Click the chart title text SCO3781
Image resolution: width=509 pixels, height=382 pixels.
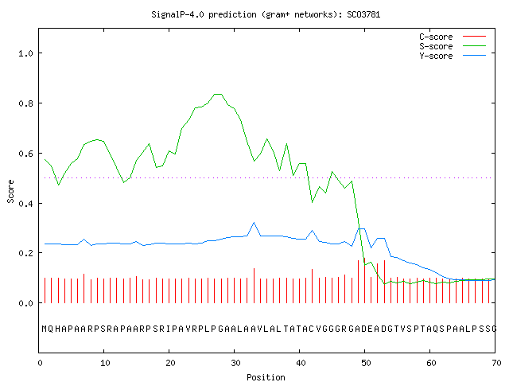pyautogui.click(x=363, y=14)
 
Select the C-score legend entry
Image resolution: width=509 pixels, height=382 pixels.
pyautogui.click(x=453, y=37)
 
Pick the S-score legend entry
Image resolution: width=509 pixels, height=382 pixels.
pyautogui.click(x=453, y=46)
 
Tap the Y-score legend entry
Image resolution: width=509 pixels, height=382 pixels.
pyautogui.click(x=453, y=56)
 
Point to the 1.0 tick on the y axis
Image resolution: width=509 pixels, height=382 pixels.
pyautogui.click(x=26, y=53)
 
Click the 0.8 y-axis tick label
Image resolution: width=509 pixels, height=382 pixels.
pyautogui.click(x=26, y=103)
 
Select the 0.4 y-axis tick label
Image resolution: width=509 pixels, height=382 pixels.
pyautogui.click(x=26, y=204)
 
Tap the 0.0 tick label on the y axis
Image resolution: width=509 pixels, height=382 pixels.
pyautogui.click(x=26, y=303)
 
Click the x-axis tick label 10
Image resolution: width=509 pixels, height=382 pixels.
pyautogui.click(x=105, y=363)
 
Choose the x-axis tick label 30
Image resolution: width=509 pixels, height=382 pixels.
pyautogui.click(x=235, y=363)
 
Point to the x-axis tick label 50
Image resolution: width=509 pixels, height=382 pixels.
pyautogui.click(x=366, y=363)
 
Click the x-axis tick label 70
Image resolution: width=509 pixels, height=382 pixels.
pyautogui.click(x=496, y=363)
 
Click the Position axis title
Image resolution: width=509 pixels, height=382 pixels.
pyautogui.click(x=266, y=377)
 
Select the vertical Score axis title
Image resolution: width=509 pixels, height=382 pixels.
pyautogui.click(x=10, y=191)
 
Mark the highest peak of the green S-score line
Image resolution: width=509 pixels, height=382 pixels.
pyautogui.click(x=218, y=94)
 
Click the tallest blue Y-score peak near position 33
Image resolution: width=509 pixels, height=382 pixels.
pyautogui.click(x=254, y=223)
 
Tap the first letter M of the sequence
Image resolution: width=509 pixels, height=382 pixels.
pyautogui.click(x=45, y=329)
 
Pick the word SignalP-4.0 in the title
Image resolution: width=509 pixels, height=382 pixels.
pyautogui.click(x=177, y=14)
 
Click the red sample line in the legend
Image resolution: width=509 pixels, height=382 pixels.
pyautogui.click(x=474, y=37)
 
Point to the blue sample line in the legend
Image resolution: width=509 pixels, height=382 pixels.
pyautogui.click(x=474, y=56)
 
